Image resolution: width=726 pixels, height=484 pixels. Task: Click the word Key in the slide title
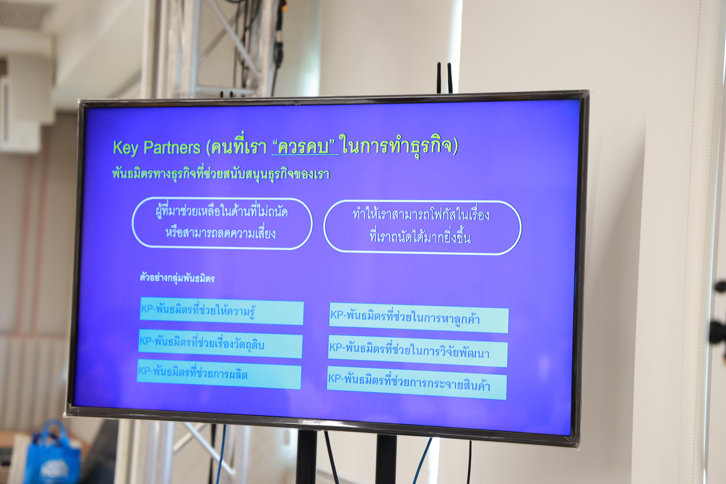pyautogui.click(x=125, y=148)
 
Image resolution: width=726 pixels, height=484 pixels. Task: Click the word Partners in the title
pyautogui.click(x=172, y=147)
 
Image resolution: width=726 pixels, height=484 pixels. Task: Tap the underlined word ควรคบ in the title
pyautogui.click(x=303, y=146)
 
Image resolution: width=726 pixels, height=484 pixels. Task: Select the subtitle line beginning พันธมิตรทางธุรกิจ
pyautogui.click(x=221, y=174)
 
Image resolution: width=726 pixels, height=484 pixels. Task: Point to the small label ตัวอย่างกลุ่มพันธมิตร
pyautogui.click(x=177, y=278)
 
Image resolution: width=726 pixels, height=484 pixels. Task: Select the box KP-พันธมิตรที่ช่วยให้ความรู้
pyautogui.click(x=222, y=311)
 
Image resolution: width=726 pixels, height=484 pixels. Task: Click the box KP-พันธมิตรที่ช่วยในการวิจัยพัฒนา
pyautogui.click(x=418, y=351)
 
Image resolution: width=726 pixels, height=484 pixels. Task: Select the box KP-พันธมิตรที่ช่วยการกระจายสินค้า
pyautogui.click(x=417, y=383)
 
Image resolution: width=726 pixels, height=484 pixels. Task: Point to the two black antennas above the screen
pyautogui.click(x=445, y=78)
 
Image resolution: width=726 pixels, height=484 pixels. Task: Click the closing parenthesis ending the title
pyautogui.click(x=455, y=146)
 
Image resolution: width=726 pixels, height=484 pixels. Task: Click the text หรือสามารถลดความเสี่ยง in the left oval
pyautogui.click(x=220, y=233)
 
